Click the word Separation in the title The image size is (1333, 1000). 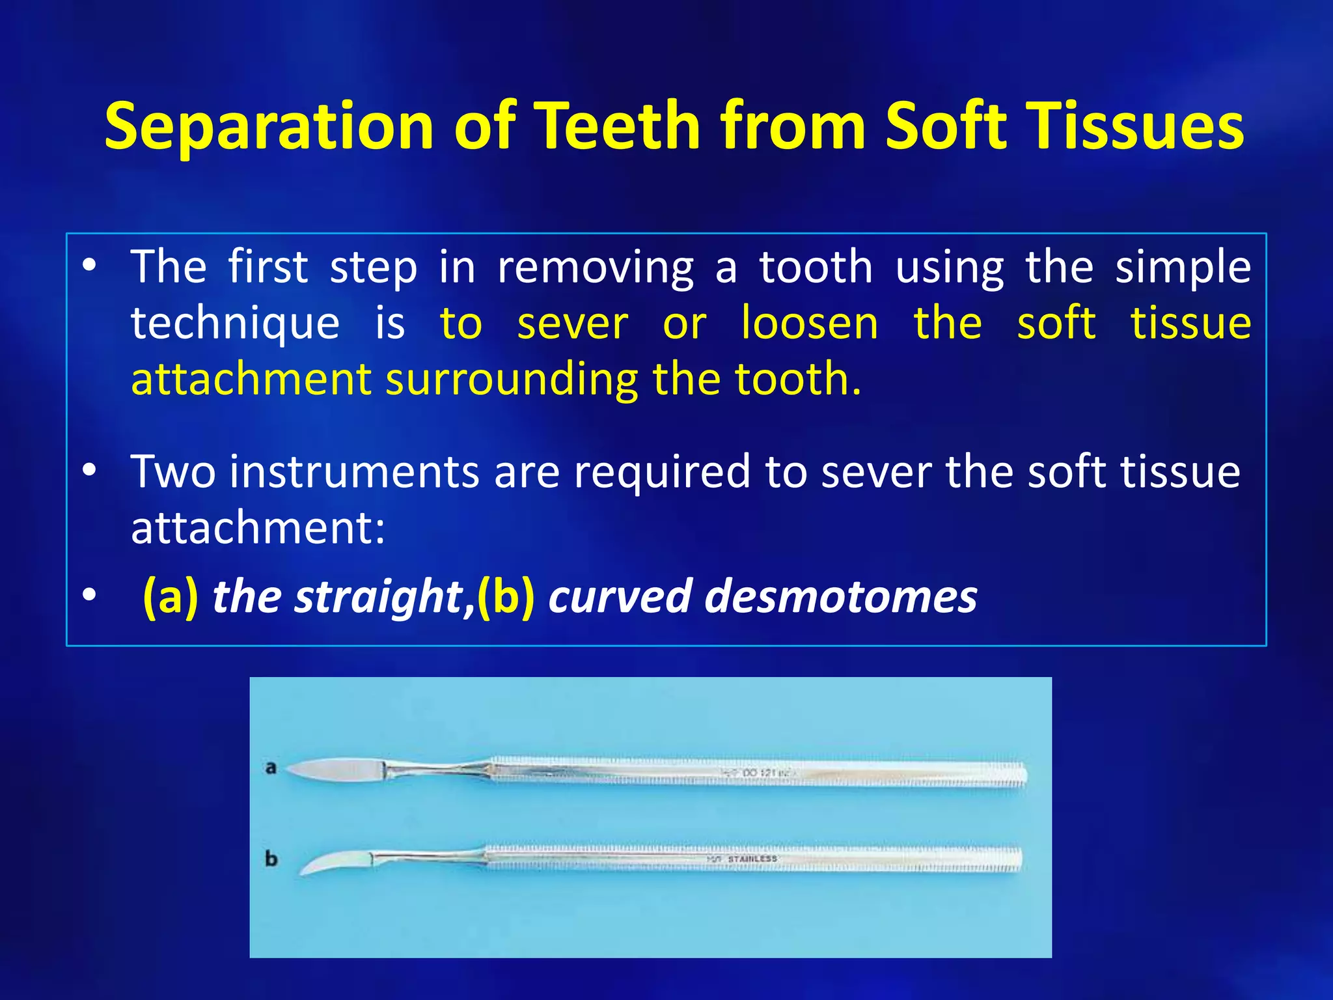pos(269,126)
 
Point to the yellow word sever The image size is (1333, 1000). pos(572,324)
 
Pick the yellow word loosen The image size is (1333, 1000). pos(809,324)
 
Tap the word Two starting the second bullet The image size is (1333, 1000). pos(172,471)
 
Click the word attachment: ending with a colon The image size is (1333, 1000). pos(258,527)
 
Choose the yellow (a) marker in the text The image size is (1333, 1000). pos(170,596)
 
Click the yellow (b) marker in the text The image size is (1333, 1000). pos(506,596)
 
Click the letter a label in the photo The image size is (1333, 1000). pos(271,768)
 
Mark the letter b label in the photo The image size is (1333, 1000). pos(271,859)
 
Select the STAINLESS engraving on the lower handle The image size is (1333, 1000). pos(751,859)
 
